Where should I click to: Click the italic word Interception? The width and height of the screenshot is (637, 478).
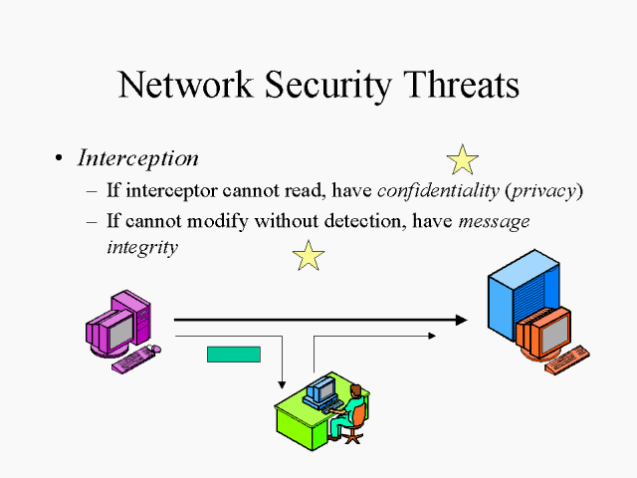tap(138, 158)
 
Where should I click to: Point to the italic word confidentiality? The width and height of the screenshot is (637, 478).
tap(437, 191)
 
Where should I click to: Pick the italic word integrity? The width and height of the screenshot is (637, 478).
tap(142, 247)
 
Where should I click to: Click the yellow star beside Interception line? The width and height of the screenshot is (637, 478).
tap(462, 159)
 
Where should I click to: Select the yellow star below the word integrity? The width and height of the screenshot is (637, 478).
tap(309, 256)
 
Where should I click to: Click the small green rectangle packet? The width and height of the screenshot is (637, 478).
tap(233, 354)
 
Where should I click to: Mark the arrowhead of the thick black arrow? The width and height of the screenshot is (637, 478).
tap(460, 320)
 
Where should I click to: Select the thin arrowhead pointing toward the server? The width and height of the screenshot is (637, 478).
tap(432, 336)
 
